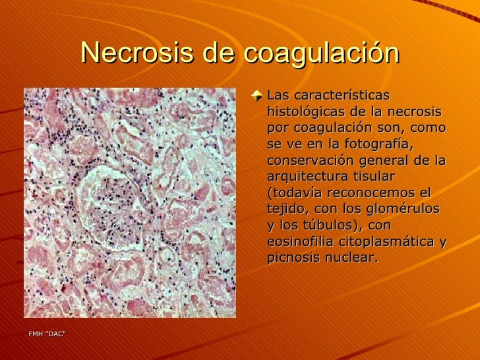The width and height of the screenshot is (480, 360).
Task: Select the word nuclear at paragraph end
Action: pos(351,258)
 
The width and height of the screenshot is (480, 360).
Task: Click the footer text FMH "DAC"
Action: pos(47,334)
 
